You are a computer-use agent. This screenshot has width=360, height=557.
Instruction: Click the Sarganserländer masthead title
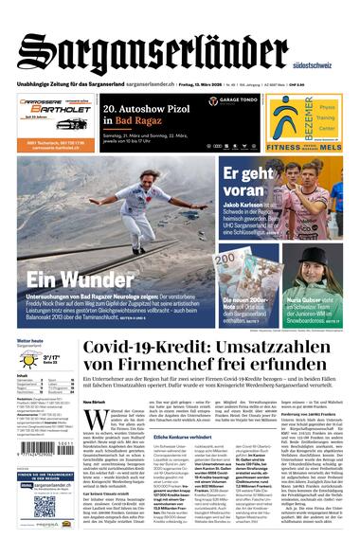tap(152, 53)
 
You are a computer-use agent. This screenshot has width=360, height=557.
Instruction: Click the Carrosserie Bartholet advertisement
tap(56, 123)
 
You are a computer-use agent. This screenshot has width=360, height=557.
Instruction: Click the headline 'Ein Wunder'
tap(67, 279)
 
